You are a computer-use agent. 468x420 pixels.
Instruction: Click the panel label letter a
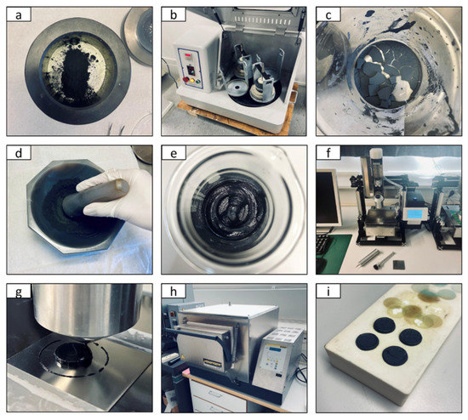tap(19, 15)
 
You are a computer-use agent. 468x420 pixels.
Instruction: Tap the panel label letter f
tap(328, 153)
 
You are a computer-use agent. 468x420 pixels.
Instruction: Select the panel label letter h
tap(174, 292)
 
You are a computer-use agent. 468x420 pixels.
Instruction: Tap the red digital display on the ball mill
tap(188, 55)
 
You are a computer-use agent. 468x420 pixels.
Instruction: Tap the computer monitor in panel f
tap(328, 198)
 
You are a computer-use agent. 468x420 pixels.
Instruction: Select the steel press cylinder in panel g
tap(87, 310)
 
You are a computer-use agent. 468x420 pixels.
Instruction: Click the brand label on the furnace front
tap(212, 364)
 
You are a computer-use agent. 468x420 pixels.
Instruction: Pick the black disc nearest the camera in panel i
tap(395, 356)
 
